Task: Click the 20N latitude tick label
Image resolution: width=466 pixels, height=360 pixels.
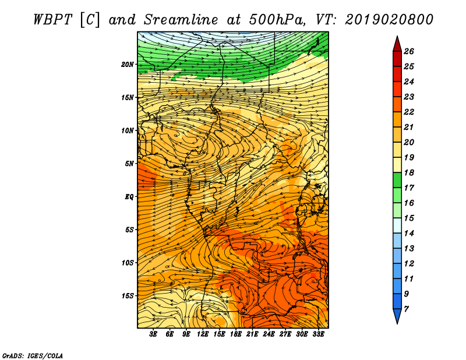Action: (x=128, y=65)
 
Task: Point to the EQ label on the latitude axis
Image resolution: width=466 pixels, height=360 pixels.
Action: (x=129, y=197)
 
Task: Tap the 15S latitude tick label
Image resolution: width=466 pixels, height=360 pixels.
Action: (x=128, y=296)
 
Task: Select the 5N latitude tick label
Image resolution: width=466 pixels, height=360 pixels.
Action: (x=129, y=164)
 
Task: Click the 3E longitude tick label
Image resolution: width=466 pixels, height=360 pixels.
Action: (x=153, y=334)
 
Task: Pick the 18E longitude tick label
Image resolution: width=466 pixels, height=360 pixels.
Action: (x=236, y=334)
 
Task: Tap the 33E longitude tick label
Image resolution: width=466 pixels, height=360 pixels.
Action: (x=318, y=334)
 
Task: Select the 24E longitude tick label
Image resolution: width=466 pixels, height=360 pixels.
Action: (x=269, y=334)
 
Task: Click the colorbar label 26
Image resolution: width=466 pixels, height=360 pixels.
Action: (x=409, y=51)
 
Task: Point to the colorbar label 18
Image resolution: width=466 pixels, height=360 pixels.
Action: (x=409, y=172)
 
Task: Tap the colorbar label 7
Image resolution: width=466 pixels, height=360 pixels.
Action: (x=406, y=309)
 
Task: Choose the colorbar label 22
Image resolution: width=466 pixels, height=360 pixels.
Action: (x=409, y=112)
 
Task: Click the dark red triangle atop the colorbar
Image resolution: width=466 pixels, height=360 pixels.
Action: (x=397, y=45)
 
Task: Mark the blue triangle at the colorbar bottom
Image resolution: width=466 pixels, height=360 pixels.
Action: (x=397, y=315)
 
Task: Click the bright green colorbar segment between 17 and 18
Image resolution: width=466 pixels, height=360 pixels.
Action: (x=397, y=180)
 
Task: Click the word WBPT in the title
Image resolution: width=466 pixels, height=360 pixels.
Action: (x=52, y=20)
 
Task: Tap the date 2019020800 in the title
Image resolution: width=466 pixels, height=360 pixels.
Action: (x=389, y=20)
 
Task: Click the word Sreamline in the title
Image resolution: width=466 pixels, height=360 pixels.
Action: (x=181, y=20)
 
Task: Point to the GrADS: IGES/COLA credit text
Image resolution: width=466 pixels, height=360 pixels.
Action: (x=33, y=355)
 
